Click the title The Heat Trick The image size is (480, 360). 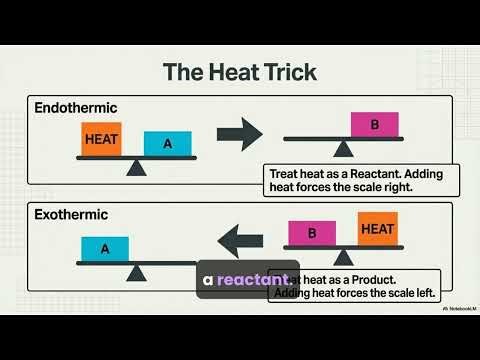click(239, 71)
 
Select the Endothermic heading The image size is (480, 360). click(74, 107)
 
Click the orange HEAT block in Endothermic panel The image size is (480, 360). click(100, 141)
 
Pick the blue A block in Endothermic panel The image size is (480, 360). click(167, 144)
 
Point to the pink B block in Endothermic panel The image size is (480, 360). click(375, 125)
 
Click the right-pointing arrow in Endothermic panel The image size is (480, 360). click(239, 134)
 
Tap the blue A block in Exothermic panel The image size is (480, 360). click(104, 248)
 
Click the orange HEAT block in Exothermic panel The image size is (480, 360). click(377, 229)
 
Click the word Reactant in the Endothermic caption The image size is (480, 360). click(368, 173)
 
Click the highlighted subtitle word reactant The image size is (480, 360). click(254, 279)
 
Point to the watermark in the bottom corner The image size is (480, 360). click(456, 308)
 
